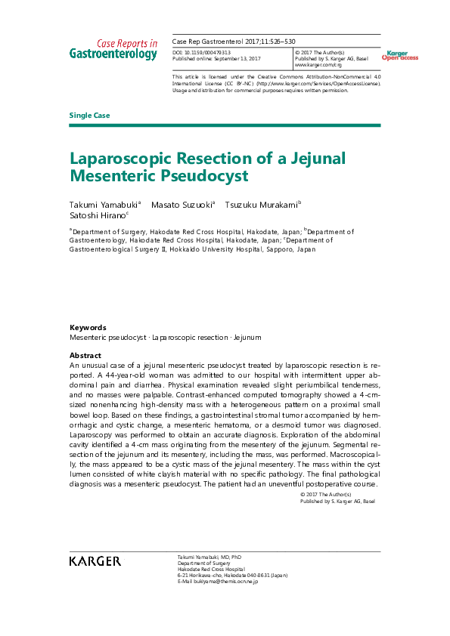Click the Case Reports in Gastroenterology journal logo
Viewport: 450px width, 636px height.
click(113, 49)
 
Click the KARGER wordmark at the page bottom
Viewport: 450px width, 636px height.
click(95, 560)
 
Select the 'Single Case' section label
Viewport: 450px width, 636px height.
click(89, 115)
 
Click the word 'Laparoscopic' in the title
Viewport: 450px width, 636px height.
click(122, 159)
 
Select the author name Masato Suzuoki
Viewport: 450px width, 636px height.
click(182, 205)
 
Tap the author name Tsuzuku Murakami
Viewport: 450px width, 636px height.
click(262, 205)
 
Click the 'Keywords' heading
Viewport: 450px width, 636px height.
click(88, 328)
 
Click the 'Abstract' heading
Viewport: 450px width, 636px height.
click(85, 355)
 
